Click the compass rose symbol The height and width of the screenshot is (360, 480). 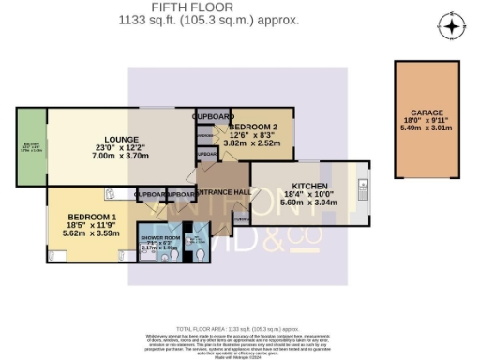[451, 26]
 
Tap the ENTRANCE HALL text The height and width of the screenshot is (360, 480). [220, 188]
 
